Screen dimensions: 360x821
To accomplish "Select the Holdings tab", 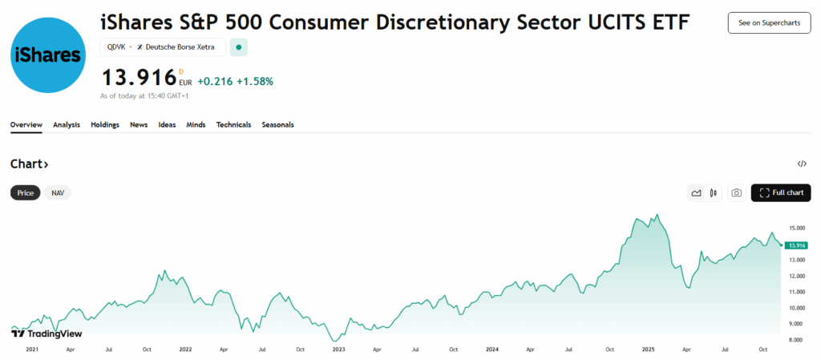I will click(x=105, y=125).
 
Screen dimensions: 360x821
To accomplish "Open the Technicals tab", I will click(x=233, y=125).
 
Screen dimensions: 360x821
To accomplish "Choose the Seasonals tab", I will click(x=277, y=125).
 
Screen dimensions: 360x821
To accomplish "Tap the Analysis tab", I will click(x=67, y=125).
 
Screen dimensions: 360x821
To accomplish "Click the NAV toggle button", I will click(x=58, y=193).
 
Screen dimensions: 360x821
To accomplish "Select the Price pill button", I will click(x=26, y=193).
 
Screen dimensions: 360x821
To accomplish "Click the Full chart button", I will click(x=781, y=193).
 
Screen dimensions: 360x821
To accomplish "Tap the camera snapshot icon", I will click(x=736, y=193).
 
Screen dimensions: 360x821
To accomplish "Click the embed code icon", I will click(x=802, y=164).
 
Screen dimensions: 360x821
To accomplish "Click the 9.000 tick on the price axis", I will click(x=796, y=324).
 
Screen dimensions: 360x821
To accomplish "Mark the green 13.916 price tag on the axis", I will click(x=797, y=245).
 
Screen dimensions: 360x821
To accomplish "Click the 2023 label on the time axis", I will click(x=338, y=350).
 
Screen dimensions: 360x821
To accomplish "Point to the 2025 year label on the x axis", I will click(x=648, y=350).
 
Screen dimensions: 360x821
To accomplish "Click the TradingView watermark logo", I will click(x=47, y=334).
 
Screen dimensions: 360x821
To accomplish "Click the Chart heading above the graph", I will click(x=30, y=164).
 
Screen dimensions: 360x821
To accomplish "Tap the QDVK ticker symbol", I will click(x=116, y=47).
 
